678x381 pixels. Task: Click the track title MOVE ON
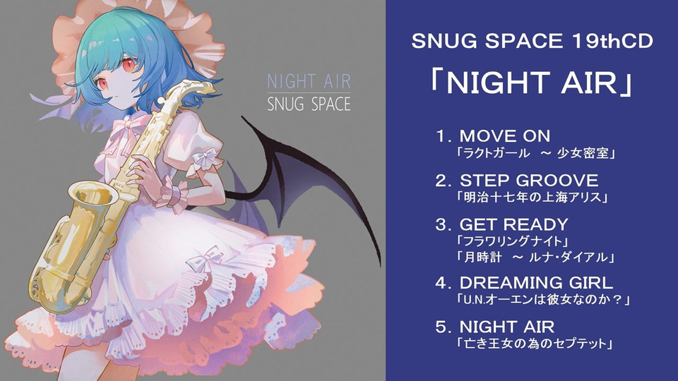505,136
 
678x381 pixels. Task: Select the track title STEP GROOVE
529,181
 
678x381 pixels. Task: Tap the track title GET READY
513,224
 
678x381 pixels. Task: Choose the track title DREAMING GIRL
536,283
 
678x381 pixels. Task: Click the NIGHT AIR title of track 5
507,327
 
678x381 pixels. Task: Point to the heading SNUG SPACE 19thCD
532,41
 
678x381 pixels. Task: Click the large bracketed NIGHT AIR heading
532,83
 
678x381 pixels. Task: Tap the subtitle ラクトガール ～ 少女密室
536,153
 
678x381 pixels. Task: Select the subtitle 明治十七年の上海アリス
533,198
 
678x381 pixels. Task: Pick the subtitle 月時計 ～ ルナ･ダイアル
535,258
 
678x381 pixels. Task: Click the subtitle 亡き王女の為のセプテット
535,344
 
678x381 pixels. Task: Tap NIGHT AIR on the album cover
309,82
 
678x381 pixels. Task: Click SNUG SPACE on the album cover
309,104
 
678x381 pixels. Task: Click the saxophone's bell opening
92,198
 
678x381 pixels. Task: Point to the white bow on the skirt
208,258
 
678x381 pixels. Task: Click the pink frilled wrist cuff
173,195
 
